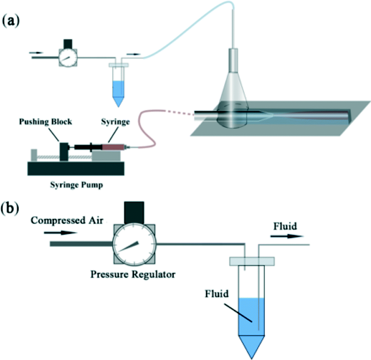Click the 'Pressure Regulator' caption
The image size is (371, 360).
(133, 274)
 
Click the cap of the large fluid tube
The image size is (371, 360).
(252, 261)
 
